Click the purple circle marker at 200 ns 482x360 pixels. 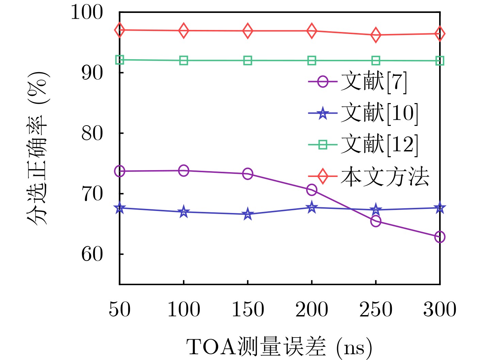312,190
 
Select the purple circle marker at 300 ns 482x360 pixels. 440,237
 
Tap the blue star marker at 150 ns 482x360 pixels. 248,214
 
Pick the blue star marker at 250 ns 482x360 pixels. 376,210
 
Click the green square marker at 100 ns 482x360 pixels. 184,61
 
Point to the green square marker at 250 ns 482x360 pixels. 376,61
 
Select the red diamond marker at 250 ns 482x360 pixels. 376,35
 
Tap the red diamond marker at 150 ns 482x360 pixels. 248,31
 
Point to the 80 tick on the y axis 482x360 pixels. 92,133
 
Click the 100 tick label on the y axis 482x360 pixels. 86,13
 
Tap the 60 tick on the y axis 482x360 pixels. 92,254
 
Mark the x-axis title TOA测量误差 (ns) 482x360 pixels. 279,347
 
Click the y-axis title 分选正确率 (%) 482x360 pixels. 37,148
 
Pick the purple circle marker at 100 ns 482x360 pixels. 184,170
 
